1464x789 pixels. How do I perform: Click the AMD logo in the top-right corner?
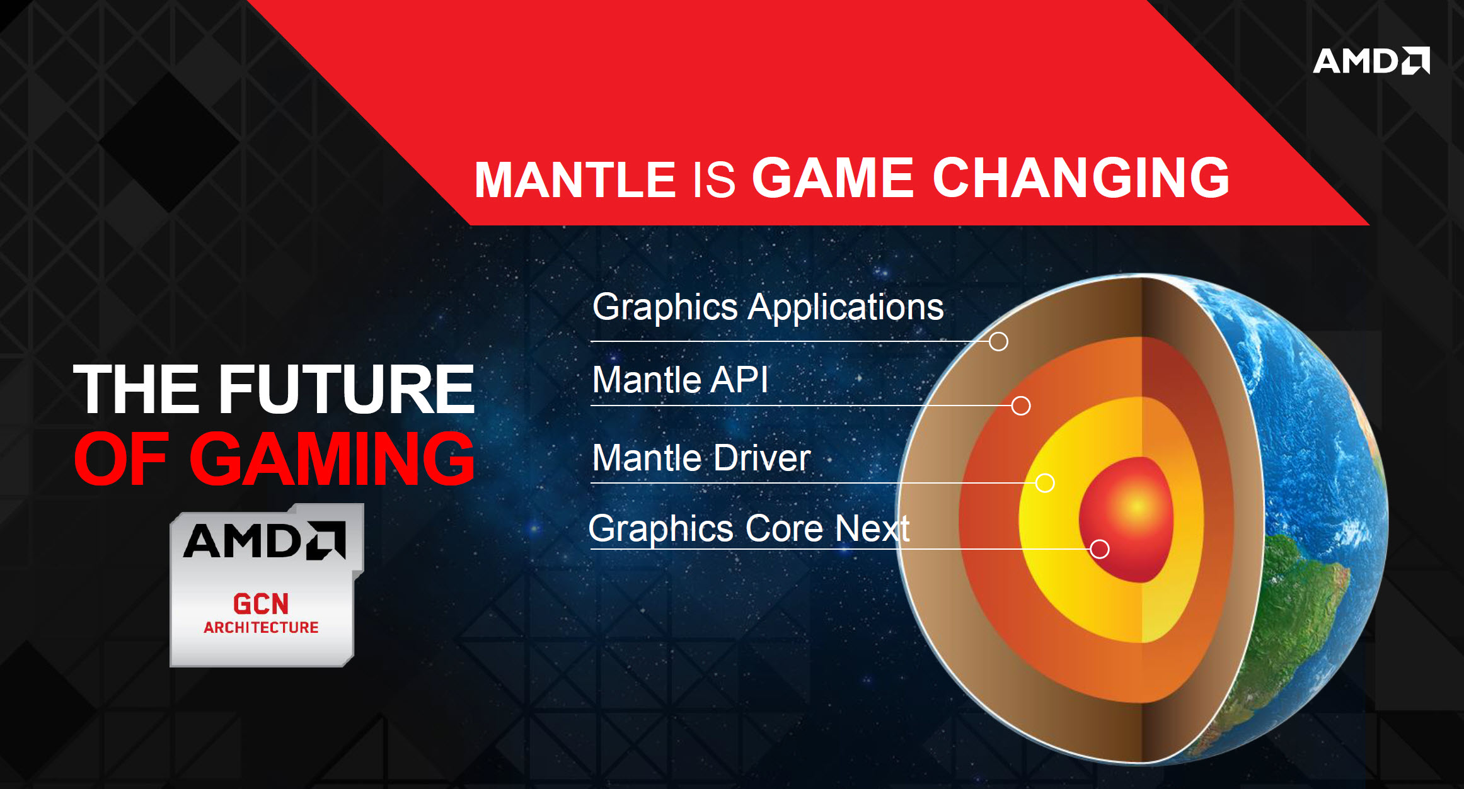coord(1371,60)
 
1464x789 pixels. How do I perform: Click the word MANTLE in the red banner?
coord(575,180)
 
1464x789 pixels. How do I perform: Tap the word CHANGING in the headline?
coord(1081,178)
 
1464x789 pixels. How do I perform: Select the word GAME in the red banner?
coord(833,178)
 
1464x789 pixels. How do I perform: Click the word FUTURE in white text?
coord(346,390)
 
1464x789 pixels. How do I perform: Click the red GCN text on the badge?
coord(261,604)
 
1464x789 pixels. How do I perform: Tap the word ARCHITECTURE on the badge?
coord(261,627)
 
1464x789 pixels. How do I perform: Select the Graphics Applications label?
coord(768,307)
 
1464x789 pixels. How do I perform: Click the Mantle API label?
coord(680,380)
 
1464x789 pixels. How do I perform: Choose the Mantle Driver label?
coord(701,458)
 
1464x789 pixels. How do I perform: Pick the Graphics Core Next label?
coord(749,528)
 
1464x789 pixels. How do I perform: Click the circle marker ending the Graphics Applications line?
coord(998,341)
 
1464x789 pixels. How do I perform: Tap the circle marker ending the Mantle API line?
coord(1021,406)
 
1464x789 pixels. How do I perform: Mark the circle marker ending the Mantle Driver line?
coord(1045,483)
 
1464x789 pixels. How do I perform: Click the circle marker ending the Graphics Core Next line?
coord(1100,549)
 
